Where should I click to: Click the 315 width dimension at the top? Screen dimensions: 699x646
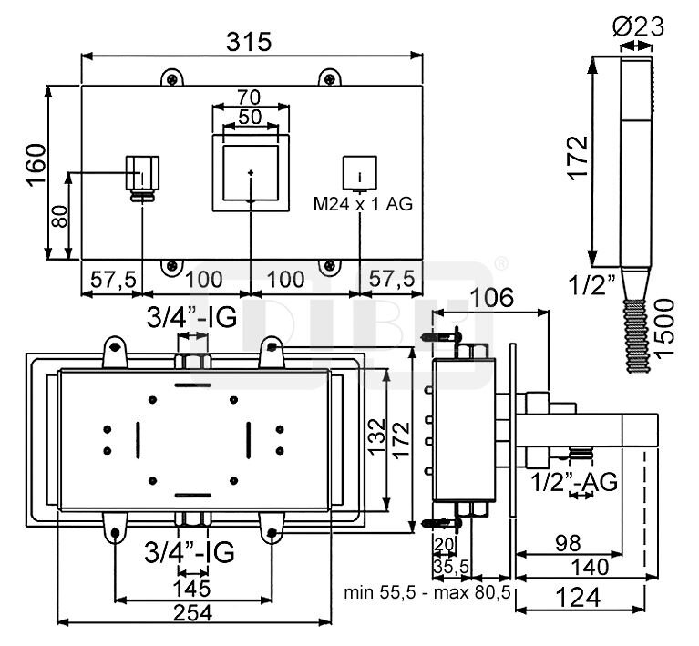coord(248,42)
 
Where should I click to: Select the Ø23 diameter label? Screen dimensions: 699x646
coord(638,26)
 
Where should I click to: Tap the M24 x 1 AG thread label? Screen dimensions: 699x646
coord(363,204)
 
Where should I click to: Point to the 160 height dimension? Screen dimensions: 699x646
coord(36,165)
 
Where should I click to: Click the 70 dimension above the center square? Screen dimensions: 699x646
coord(249,97)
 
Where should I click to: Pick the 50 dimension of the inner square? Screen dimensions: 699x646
coord(250,117)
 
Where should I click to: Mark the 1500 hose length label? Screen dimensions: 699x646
coord(664,327)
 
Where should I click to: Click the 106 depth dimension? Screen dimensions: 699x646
coord(492,297)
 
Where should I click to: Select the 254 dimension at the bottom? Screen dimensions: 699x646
coord(192,613)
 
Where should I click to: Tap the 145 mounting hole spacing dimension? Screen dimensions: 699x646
coord(191,589)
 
